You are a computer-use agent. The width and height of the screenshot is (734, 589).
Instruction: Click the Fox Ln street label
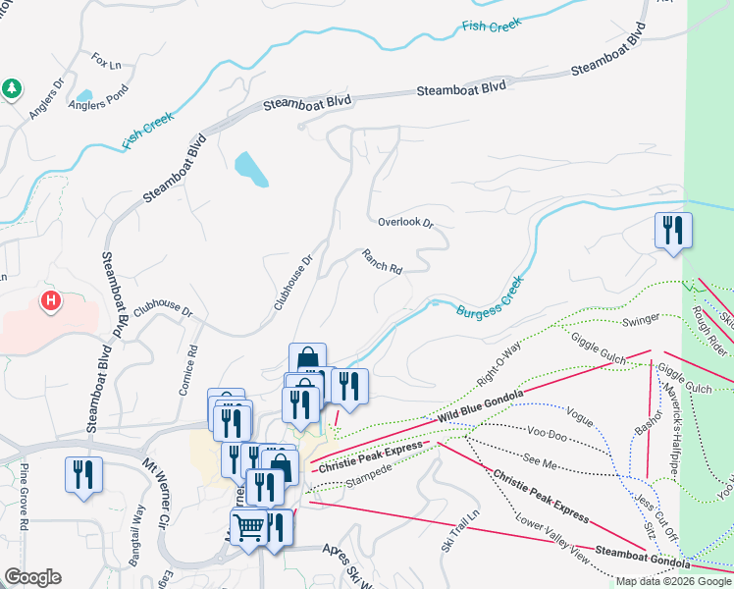click(106, 62)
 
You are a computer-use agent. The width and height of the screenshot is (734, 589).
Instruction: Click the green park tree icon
click(12, 88)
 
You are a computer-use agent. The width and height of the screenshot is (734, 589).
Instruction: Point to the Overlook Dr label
click(405, 223)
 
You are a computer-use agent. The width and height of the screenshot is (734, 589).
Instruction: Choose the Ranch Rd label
click(382, 262)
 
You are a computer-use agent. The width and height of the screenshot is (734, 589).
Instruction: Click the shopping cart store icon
click(249, 526)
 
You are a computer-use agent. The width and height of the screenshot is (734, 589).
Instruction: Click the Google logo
click(33, 576)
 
